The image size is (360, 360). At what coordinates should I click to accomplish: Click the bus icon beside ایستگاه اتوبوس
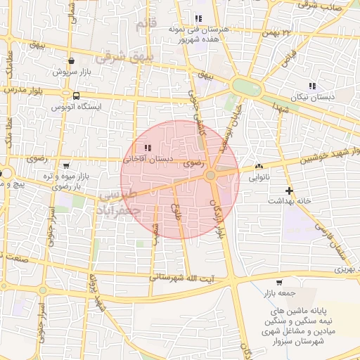75,96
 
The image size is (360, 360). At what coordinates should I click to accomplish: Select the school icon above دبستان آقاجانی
148,148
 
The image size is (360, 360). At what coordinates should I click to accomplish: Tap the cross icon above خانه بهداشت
289,191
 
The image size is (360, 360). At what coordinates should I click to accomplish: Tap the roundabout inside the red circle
211,175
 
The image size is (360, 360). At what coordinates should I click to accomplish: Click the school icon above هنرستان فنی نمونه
198,19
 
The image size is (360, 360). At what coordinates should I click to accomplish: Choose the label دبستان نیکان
314,96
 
